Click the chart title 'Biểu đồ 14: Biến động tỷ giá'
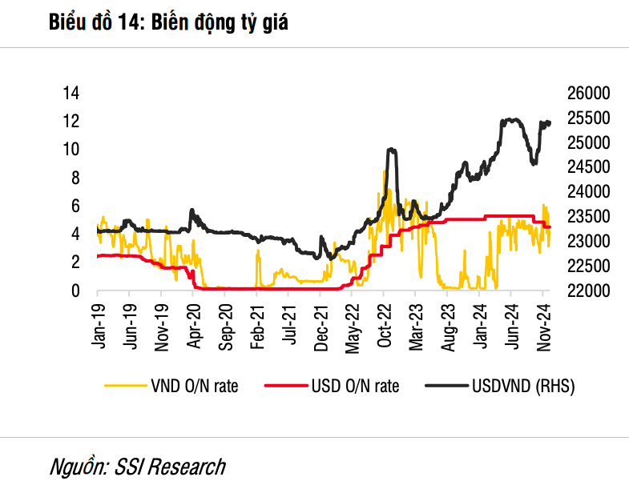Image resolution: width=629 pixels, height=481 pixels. (x=168, y=24)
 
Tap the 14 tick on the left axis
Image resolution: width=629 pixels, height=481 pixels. (x=71, y=93)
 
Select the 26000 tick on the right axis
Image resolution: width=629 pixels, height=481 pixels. (x=589, y=93)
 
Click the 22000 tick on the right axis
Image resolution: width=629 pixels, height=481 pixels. (x=589, y=291)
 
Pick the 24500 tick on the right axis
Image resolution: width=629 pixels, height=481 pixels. (x=589, y=167)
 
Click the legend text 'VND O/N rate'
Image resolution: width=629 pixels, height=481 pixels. (x=194, y=387)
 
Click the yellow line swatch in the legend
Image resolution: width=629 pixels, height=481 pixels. (x=125, y=387)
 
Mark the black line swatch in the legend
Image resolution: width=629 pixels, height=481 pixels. (x=446, y=387)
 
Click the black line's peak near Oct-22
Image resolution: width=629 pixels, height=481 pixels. (x=390, y=150)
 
